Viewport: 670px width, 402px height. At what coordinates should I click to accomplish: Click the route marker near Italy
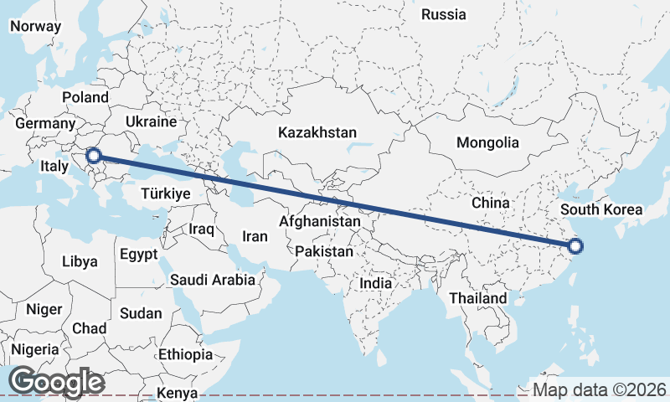tap(94, 155)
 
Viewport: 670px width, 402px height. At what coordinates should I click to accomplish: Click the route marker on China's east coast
tap(575, 246)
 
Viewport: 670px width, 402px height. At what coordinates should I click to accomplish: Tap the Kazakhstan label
tap(317, 132)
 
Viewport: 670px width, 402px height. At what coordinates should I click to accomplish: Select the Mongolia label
tap(487, 142)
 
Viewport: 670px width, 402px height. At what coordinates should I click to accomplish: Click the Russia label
tap(443, 14)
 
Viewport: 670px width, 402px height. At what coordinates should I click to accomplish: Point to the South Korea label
tap(601, 209)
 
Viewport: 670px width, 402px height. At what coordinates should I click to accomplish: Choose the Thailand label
tap(477, 298)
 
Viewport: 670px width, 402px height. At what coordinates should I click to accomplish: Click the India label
tap(376, 283)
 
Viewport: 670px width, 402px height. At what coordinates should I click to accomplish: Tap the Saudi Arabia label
tap(212, 280)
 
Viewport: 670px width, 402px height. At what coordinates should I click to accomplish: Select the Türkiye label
tap(166, 193)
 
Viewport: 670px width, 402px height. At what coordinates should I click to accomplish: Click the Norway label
tap(35, 26)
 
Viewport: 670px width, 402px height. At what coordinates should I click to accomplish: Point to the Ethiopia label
tap(185, 354)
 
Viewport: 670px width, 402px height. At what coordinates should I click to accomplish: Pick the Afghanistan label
tap(320, 222)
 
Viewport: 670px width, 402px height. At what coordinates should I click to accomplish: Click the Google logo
tap(56, 382)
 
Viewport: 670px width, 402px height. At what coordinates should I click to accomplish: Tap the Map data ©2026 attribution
tap(599, 389)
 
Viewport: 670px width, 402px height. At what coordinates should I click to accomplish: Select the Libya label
tap(80, 261)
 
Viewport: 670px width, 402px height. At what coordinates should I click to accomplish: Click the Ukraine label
tap(151, 121)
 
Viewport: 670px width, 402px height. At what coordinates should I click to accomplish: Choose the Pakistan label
tap(324, 251)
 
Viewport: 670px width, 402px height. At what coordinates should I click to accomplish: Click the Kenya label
tap(177, 393)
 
